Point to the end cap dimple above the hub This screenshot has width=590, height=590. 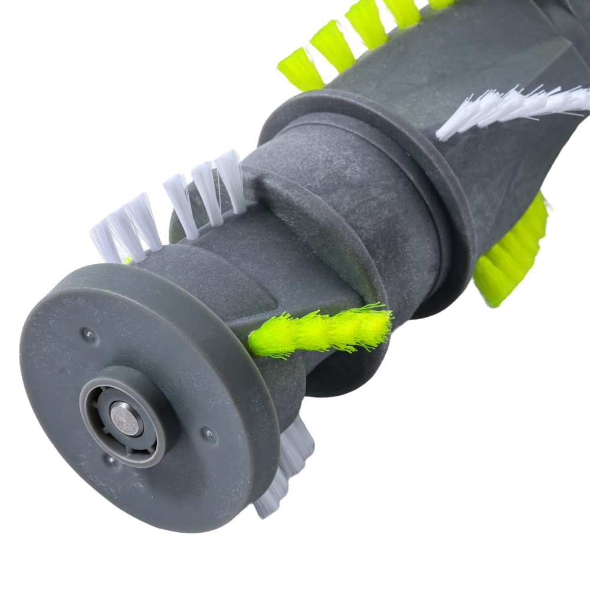coord(88,334)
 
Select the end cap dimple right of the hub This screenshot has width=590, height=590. coord(208,435)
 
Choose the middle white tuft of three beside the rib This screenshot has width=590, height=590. coord(206,192)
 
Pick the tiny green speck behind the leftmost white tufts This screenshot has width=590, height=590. coord(126,260)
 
